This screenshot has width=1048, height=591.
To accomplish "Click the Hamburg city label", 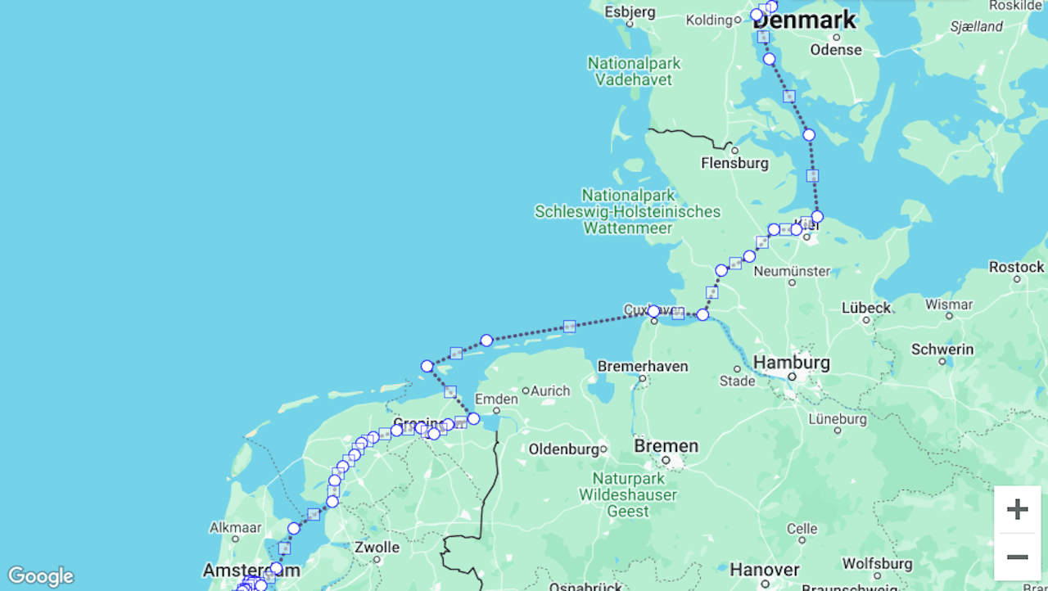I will pos(791,363).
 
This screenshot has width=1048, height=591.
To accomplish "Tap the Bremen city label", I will pos(666,447).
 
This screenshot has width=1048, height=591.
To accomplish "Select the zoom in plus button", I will pos(1017,509).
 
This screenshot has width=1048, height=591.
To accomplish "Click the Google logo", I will pos(40,576).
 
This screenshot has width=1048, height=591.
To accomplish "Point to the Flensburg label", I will pos(734,163).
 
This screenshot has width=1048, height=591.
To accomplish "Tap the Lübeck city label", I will pos(865,308).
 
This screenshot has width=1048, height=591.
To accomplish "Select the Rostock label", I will pos(1016,267).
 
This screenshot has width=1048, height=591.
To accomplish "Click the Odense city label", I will pos(836,50).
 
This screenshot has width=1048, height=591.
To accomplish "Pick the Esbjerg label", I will pos(630,11).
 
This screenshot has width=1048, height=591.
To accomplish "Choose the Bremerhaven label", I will pos(643,366).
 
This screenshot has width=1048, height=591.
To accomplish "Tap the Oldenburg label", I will pos(564,449).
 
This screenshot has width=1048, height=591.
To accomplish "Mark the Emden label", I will pos(496,399).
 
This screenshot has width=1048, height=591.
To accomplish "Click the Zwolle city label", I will pos(377,548).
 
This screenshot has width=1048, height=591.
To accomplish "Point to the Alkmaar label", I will pos(235,527).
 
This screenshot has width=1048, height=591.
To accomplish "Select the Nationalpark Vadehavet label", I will pos(634,71).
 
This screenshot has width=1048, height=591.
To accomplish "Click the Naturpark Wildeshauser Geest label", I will pos(628,494).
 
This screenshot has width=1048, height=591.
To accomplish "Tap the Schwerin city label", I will pos(942,350).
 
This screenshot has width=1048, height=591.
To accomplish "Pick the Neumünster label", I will pos(792,270).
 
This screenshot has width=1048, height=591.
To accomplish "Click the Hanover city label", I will pos(765,570).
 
